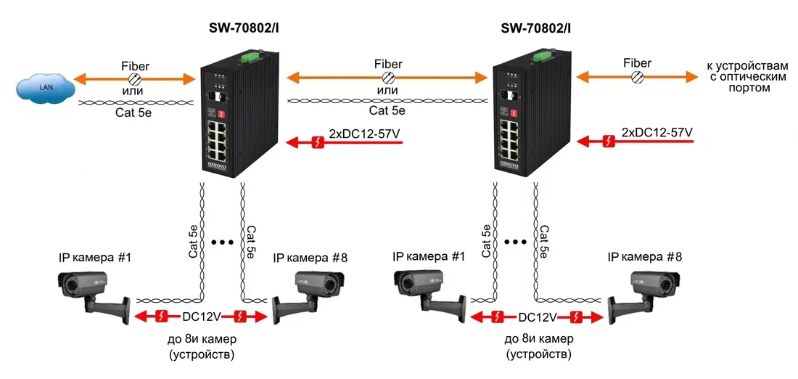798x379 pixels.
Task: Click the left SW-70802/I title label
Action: click(x=244, y=28)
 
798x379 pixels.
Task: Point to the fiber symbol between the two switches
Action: click(x=388, y=78)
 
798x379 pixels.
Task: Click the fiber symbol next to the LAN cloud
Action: click(x=134, y=78)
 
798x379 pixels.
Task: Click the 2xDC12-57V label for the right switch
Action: click(x=657, y=132)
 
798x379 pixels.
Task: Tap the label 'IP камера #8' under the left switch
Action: click(x=310, y=258)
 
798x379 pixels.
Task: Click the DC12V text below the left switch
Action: click(x=201, y=317)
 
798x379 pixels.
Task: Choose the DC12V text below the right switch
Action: click(x=538, y=317)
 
